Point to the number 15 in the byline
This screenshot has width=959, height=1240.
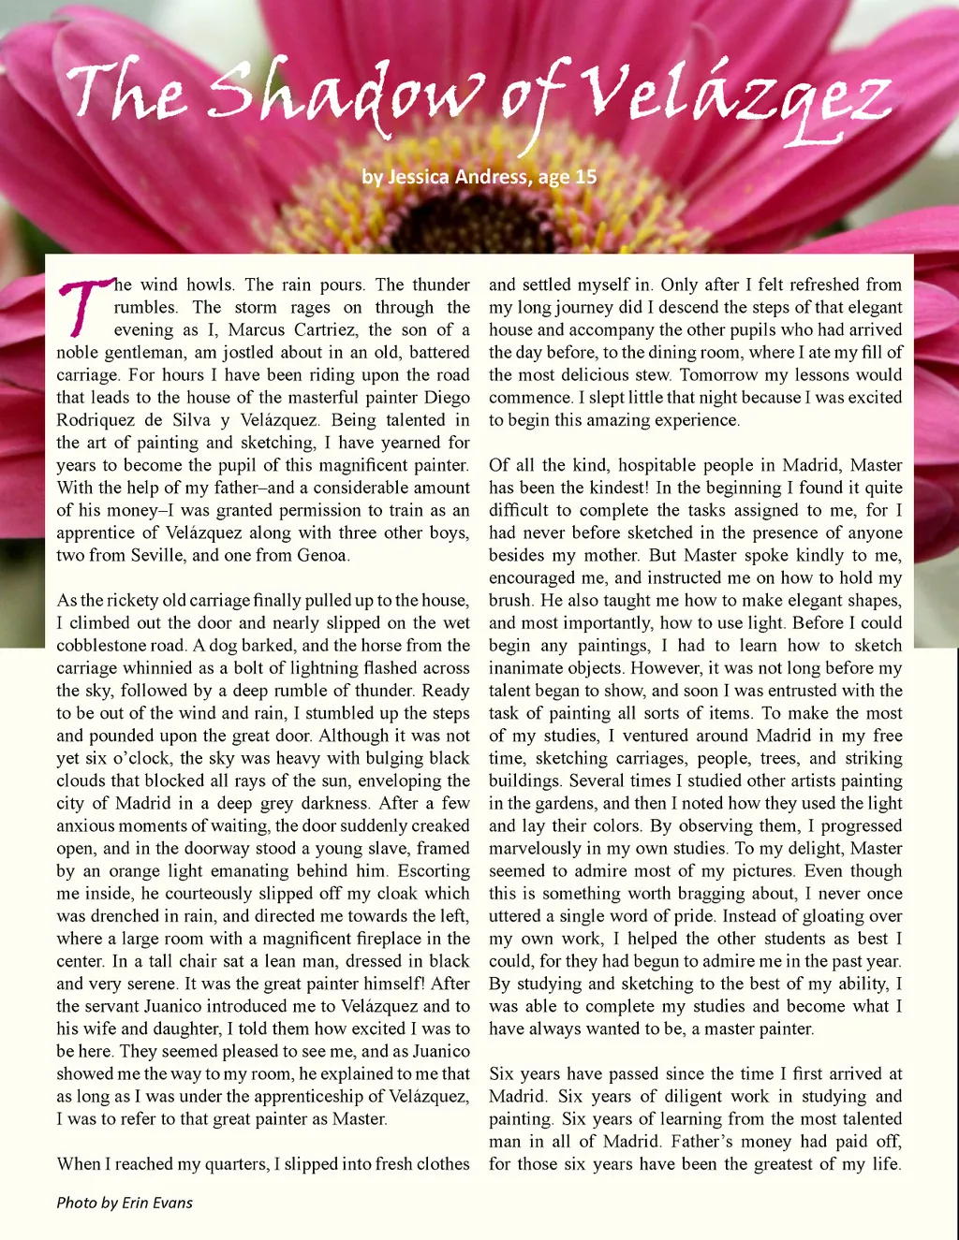pyautogui.click(x=585, y=176)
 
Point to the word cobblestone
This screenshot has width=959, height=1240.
pyautogui.click(x=105, y=646)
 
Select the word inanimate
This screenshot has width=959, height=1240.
pyautogui.click(x=527, y=668)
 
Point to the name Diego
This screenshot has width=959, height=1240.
pyautogui.click(x=447, y=397)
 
